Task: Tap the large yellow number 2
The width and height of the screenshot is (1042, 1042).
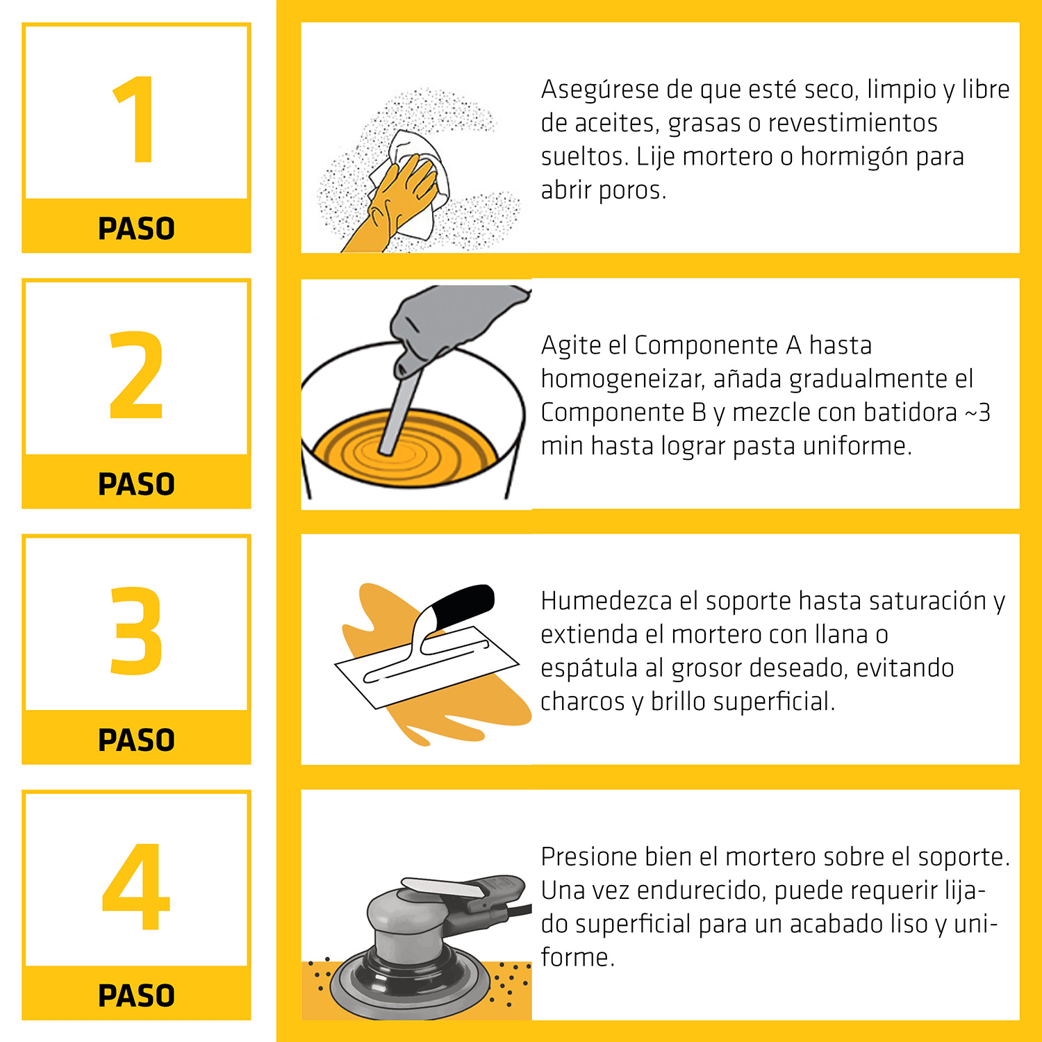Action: pos(136,375)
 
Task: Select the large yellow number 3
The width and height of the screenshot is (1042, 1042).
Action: pos(136,631)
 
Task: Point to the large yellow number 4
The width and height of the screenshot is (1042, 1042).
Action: pos(136,886)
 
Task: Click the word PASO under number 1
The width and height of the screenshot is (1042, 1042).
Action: pos(136,229)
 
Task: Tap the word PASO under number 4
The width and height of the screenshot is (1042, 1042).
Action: pos(136,995)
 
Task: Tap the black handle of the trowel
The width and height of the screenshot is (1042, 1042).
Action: pos(462,603)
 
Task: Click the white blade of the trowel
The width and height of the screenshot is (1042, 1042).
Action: pos(427,667)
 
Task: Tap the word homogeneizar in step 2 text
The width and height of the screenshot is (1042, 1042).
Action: pos(623,380)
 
